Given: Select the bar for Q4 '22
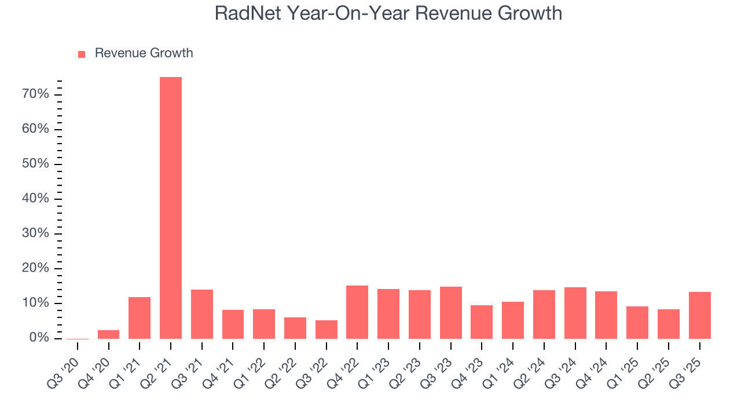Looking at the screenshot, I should click(x=357, y=312).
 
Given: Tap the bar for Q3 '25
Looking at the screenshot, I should click(x=699, y=315).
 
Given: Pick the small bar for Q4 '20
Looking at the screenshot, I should click(x=108, y=334).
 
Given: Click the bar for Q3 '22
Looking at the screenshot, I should click(x=326, y=330).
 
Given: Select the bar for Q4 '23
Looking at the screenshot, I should click(x=482, y=322).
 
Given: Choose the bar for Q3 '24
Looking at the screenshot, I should click(x=575, y=313).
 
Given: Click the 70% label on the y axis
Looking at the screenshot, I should click(x=36, y=94).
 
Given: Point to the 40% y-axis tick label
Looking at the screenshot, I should click(x=36, y=199).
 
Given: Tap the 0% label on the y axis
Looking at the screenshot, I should click(x=39, y=338).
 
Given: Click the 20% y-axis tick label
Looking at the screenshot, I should click(x=36, y=268).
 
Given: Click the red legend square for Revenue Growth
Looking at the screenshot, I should click(x=82, y=54).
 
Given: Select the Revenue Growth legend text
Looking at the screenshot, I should click(x=144, y=53).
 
